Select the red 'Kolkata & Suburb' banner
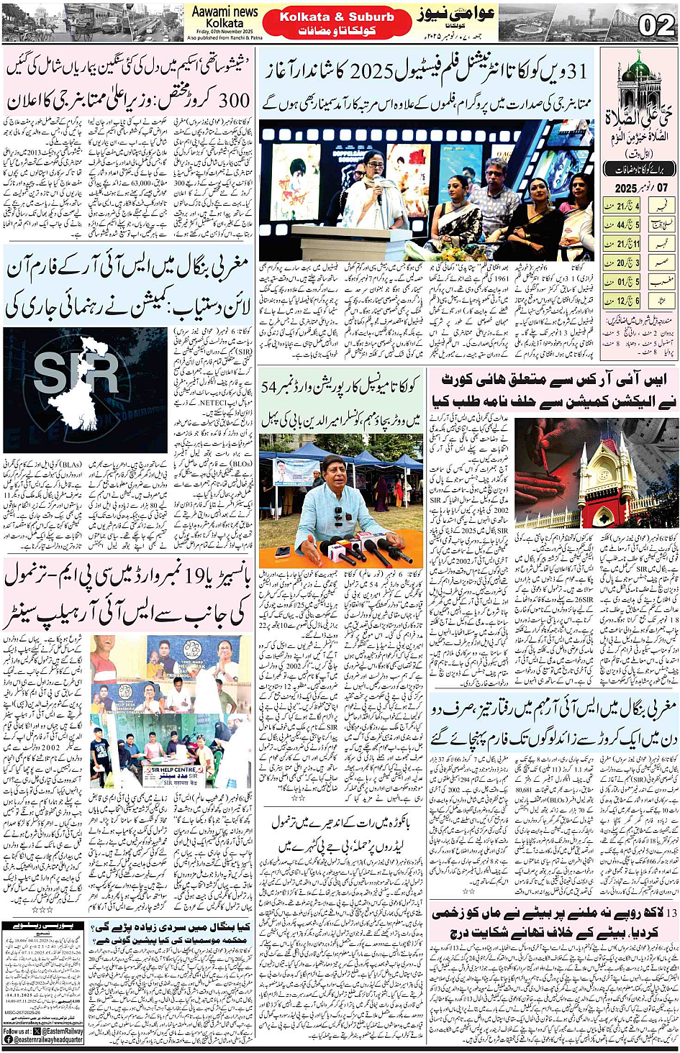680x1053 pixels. click(337, 17)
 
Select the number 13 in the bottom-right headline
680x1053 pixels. click(669, 914)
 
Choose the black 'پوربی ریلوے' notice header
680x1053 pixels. click(42, 926)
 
